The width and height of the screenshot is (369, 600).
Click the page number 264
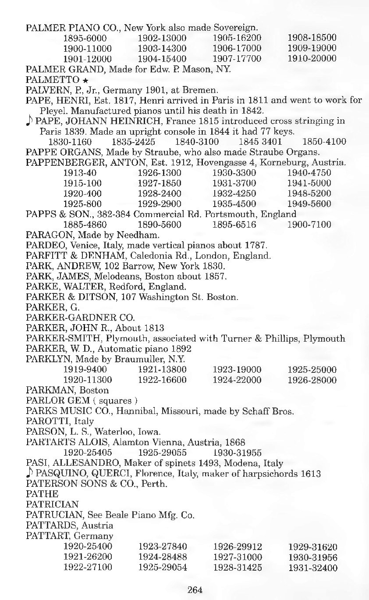(x=195, y=589)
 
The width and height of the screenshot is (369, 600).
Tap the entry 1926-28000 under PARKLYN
(x=312, y=380)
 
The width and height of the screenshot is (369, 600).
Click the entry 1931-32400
(x=312, y=568)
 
